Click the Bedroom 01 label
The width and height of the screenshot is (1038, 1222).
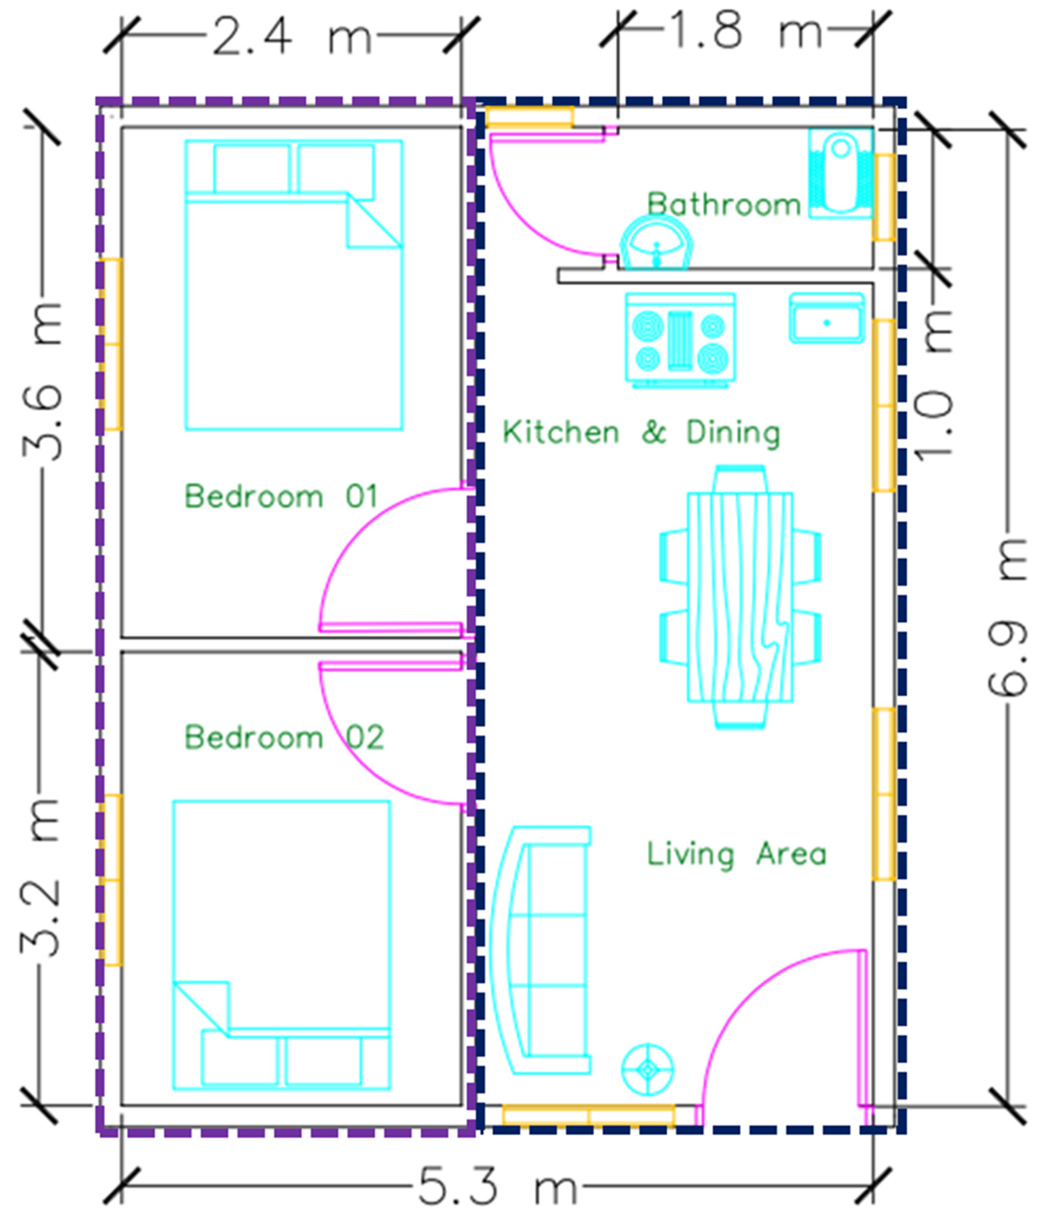pyautogui.click(x=281, y=496)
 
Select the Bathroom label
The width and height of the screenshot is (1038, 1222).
pyautogui.click(x=724, y=205)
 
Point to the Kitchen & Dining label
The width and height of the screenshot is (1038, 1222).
pyautogui.click(x=641, y=433)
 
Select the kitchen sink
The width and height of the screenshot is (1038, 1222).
pyautogui.click(x=827, y=318)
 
